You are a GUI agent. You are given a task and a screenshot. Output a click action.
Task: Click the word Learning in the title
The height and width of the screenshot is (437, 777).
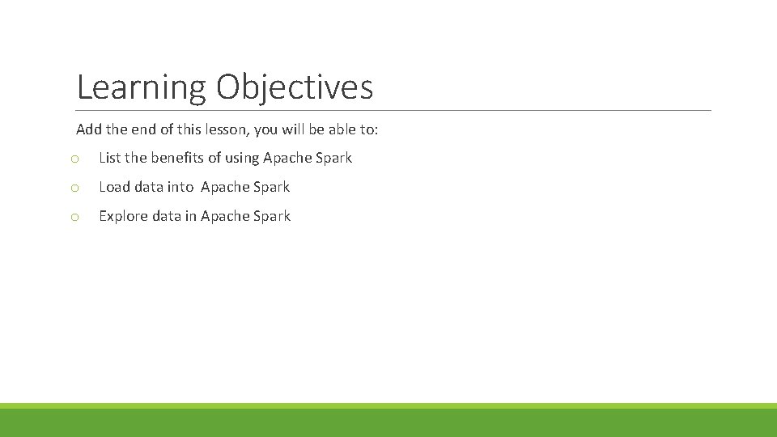tap(142, 87)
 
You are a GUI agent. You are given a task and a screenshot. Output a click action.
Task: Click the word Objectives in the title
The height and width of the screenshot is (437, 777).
tap(295, 87)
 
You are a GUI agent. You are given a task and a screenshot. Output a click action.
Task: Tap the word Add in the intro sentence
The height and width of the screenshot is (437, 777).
tap(88, 129)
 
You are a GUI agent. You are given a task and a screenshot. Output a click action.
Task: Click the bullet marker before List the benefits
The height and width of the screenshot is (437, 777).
tap(74, 159)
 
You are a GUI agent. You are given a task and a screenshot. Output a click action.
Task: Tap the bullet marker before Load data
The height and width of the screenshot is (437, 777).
tap(74, 188)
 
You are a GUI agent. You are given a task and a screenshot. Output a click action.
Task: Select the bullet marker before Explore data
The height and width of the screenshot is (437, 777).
tap(74, 217)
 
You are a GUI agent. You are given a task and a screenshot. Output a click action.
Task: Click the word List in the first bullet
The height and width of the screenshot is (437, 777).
tap(109, 158)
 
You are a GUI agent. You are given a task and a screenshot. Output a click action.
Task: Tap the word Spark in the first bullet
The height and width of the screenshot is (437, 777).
tap(333, 158)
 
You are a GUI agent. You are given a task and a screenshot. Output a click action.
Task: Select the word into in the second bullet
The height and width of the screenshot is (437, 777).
tap(180, 187)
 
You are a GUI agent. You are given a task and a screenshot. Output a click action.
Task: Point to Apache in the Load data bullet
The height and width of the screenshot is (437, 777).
tap(225, 187)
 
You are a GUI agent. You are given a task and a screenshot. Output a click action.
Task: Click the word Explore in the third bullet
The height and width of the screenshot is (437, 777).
tap(124, 216)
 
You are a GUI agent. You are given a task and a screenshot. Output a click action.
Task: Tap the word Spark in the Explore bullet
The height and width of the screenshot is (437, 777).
tap(272, 216)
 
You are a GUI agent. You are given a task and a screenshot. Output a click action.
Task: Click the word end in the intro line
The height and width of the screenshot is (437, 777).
tap(141, 129)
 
